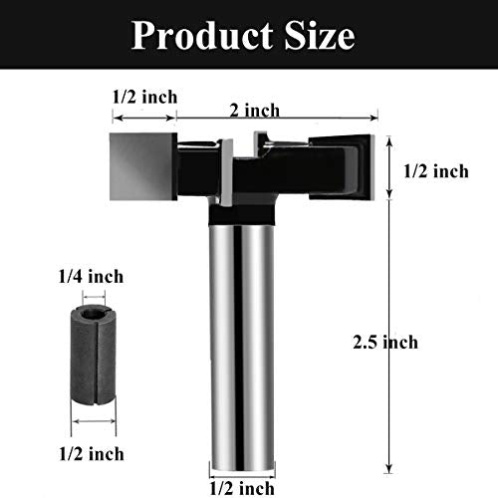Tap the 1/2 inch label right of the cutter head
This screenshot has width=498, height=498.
pos(436,171)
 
